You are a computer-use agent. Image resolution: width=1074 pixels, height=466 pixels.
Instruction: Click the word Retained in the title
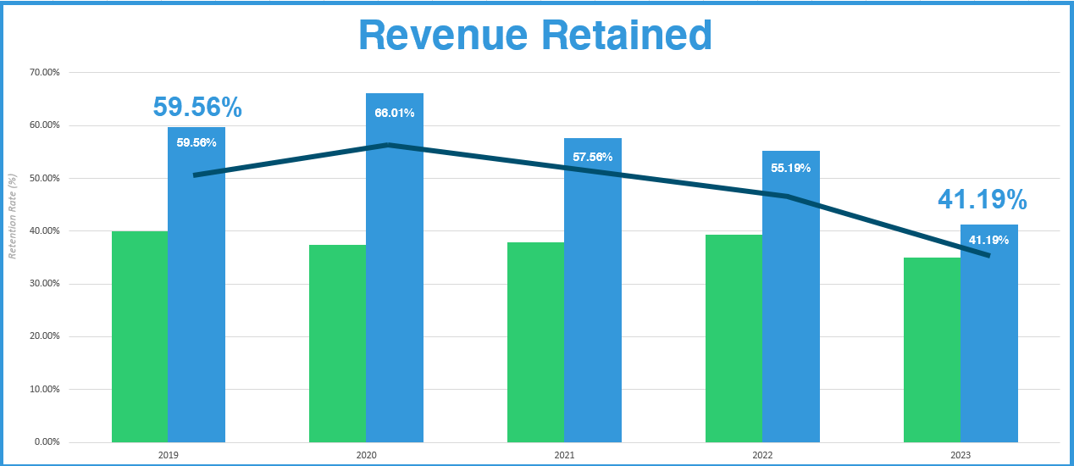[x=632, y=35]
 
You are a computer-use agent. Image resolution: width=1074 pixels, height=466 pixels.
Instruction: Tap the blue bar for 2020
[x=395, y=280]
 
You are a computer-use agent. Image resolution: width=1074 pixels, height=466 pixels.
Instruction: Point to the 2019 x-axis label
[x=168, y=456]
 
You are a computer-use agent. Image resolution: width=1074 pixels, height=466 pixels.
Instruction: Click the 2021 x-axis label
[x=564, y=456]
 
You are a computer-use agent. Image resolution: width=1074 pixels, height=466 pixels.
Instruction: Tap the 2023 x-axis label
[x=961, y=456]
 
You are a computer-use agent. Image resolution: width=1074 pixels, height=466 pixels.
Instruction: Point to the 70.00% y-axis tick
[x=44, y=73]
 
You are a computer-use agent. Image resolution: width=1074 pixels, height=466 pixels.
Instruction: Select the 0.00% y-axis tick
[x=46, y=442]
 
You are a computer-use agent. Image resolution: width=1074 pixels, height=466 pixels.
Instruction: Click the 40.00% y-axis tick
[x=44, y=231]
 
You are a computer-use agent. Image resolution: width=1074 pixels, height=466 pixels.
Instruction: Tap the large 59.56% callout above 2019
[x=197, y=108]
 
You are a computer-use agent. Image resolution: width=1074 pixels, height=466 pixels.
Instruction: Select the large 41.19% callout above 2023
[x=983, y=200]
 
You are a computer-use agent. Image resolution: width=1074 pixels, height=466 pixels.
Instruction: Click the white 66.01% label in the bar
[x=395, y=113]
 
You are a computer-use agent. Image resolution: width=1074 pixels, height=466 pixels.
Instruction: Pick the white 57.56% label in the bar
[x=593, y=157]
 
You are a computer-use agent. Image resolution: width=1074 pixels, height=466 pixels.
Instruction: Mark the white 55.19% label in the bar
[x=791, y=168]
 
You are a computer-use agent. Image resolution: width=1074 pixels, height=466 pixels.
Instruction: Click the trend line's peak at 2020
[x=389, y=145]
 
